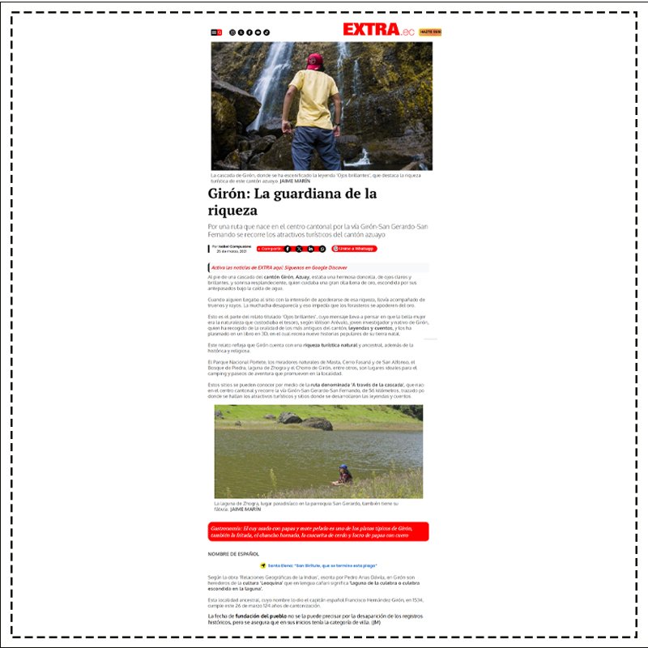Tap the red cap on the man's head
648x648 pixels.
coord(314,60)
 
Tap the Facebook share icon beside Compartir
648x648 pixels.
coord(288,249)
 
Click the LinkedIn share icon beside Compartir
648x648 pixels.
coord(310,249)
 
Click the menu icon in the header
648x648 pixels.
coord(214,32)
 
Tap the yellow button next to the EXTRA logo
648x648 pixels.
coord(430,32)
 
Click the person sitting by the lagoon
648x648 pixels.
coord(344,475)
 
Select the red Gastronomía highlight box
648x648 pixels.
coord(318,531)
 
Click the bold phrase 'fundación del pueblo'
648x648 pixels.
coord(247,616)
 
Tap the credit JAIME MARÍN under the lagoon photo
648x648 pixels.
coord(245,509)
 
